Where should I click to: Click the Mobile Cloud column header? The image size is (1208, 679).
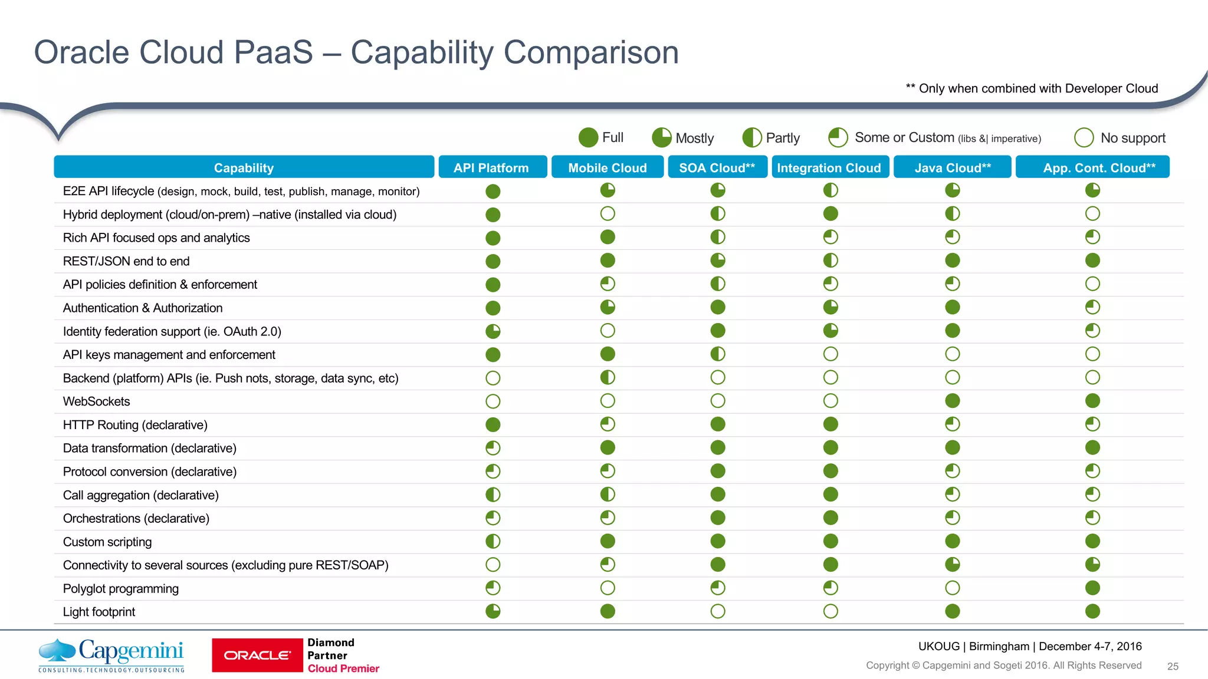pyautogui.click(x=607, y=167)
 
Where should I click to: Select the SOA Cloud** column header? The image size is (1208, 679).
pyautogui.click(x=717, y=167)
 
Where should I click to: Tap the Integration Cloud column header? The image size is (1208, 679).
pyautogui.click(x=829, y=167)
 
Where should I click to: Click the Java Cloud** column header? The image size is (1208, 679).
pyautogui.click(x=952, y=167)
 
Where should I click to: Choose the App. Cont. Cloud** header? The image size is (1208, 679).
pyautogui.click(x=1092, y=167)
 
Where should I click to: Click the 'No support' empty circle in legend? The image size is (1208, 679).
pyautogui.click(x=1084, y=137)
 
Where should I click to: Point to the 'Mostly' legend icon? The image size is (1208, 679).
pyautogui.click(x=661, y=137)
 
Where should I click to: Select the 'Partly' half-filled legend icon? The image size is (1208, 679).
pyautogui.click(x=752, y=137)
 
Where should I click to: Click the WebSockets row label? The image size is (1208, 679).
pyautogui.click(x=96, y=401)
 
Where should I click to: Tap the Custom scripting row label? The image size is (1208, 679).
pyautogui.click(x=107, y=542)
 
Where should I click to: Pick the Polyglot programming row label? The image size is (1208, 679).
pyautogui.click(x=120, y=588)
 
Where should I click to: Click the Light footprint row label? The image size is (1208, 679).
pyautogui.click(x=99, y=612)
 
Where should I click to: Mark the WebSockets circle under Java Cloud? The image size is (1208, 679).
pyautogui.click(x=952, y=401)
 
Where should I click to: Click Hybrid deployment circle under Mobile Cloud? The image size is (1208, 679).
pyautogui.click(x=607, y=213)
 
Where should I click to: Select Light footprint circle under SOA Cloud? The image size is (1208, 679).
pyautogui.click(x=717, y=611)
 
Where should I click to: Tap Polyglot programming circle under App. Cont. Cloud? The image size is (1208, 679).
pyautogui.click(x=1092, y=588)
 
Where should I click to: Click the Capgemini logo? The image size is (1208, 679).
pyautogui.click(x=111, y=655)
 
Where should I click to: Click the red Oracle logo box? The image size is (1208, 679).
pyautogui.click(x=257, y=655)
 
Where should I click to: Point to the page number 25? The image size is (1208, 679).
pyautogui.click(x=1173, y=666)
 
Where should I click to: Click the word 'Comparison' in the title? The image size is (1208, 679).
pyautogui.click(x=514, y=52)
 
